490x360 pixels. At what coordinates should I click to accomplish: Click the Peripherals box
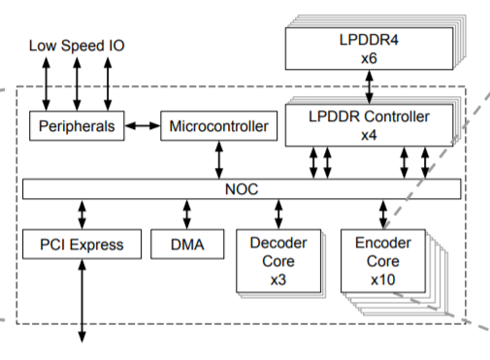pyautogui.click(x=77, y=126)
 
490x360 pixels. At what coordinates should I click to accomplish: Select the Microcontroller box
pyautogui.click(x=220, y=126)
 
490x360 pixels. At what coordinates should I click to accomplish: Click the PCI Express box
pyautogui.click(x=82, y=245)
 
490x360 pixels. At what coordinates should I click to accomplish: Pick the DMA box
pyautogui.click(x=187, y=245)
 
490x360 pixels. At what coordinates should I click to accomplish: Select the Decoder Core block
pyautogui.click(x=278, y=257)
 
